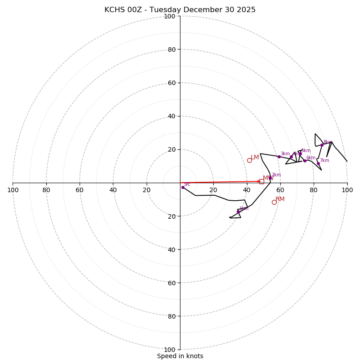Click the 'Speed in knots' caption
tap(180, 356)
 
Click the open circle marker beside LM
tap(249, 160)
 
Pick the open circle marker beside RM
tap(274, 202)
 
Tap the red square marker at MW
tap(261, 181)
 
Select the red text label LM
tap(255, 157)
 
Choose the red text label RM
tap(280, 199)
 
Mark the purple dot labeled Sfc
tap(183, 187)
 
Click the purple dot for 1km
tap(238, 211)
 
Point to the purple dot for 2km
tap(270, 178)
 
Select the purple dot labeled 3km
tap(279, 157)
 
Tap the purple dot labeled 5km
tap(300, 153)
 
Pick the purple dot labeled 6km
tap(305, 161)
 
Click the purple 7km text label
tap(324, 161)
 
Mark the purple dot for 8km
tap(322, 145)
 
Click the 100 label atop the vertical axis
tap(169, 16)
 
